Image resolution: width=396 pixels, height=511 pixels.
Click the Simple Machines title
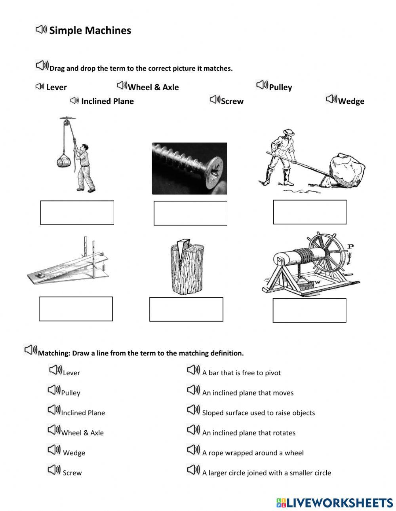[x=90, y=30]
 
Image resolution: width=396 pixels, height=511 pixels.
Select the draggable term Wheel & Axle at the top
[x=153, y=87]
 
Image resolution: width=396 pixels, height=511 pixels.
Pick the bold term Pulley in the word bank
[x=280, y=87]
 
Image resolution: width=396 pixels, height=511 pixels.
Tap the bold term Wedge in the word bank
[x=351, y=101]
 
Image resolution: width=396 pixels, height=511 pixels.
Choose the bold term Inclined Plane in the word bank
[x=107, y=101]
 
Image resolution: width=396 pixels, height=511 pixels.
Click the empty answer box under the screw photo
[x=190, y=213]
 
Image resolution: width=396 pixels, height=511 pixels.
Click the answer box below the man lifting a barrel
[x=77, y=213]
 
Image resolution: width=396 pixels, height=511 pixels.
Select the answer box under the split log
[x=186, y=309]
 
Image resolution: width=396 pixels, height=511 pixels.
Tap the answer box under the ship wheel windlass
[x=309, y=310]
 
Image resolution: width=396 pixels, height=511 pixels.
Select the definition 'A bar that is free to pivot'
[x=241, y=372]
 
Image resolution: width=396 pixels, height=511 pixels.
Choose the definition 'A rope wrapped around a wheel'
[x=253, y=452]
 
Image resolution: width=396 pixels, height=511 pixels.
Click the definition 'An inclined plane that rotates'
[x=249, y=433]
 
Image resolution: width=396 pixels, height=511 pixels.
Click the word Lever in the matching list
[x=71, y=372]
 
